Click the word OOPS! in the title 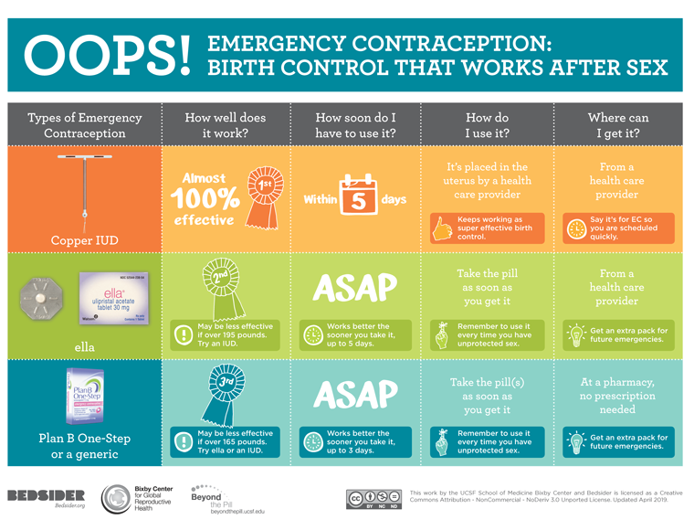pos(108,56)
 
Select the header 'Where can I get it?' pos(618,125)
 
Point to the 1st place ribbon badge pos(265,185)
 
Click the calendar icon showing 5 pos(358,195)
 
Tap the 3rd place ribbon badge pos(224,393)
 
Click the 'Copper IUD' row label pos(84,240)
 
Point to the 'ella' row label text pos(84,347)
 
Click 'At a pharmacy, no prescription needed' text pos(618,397)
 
